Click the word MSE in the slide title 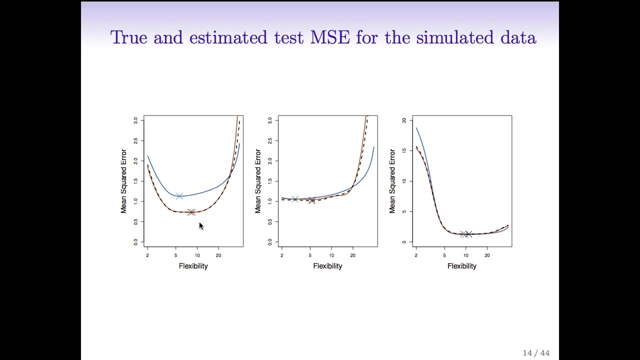click(330, 37)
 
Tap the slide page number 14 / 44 click(536, 353)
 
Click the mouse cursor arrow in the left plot click(201, 226)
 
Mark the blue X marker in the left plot click(179, 196)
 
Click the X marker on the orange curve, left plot click(191, 212)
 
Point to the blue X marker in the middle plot click(295, 199)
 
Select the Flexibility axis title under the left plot click(193, 266)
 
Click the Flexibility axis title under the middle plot click(327, 266)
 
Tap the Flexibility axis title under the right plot click(462, 266)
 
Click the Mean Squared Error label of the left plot click(123, 181)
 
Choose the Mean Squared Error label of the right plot click(392, 181)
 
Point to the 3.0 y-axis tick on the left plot click(135, 120)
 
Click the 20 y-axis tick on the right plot click(404, 120)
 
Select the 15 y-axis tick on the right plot click(404, 150)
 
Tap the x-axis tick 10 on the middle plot click(331, 255)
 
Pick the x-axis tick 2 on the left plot click(147, 255)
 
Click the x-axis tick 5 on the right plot click(444, 255)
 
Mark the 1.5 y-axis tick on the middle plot click(270, 181)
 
